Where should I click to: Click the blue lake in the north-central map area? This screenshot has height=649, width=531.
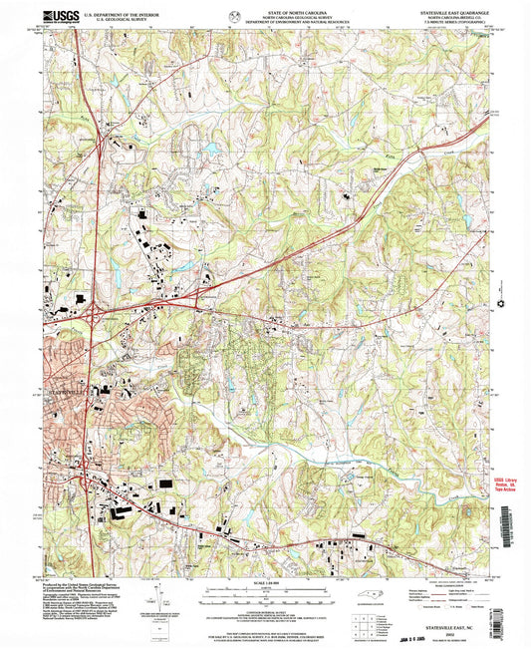coord(212,150)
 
